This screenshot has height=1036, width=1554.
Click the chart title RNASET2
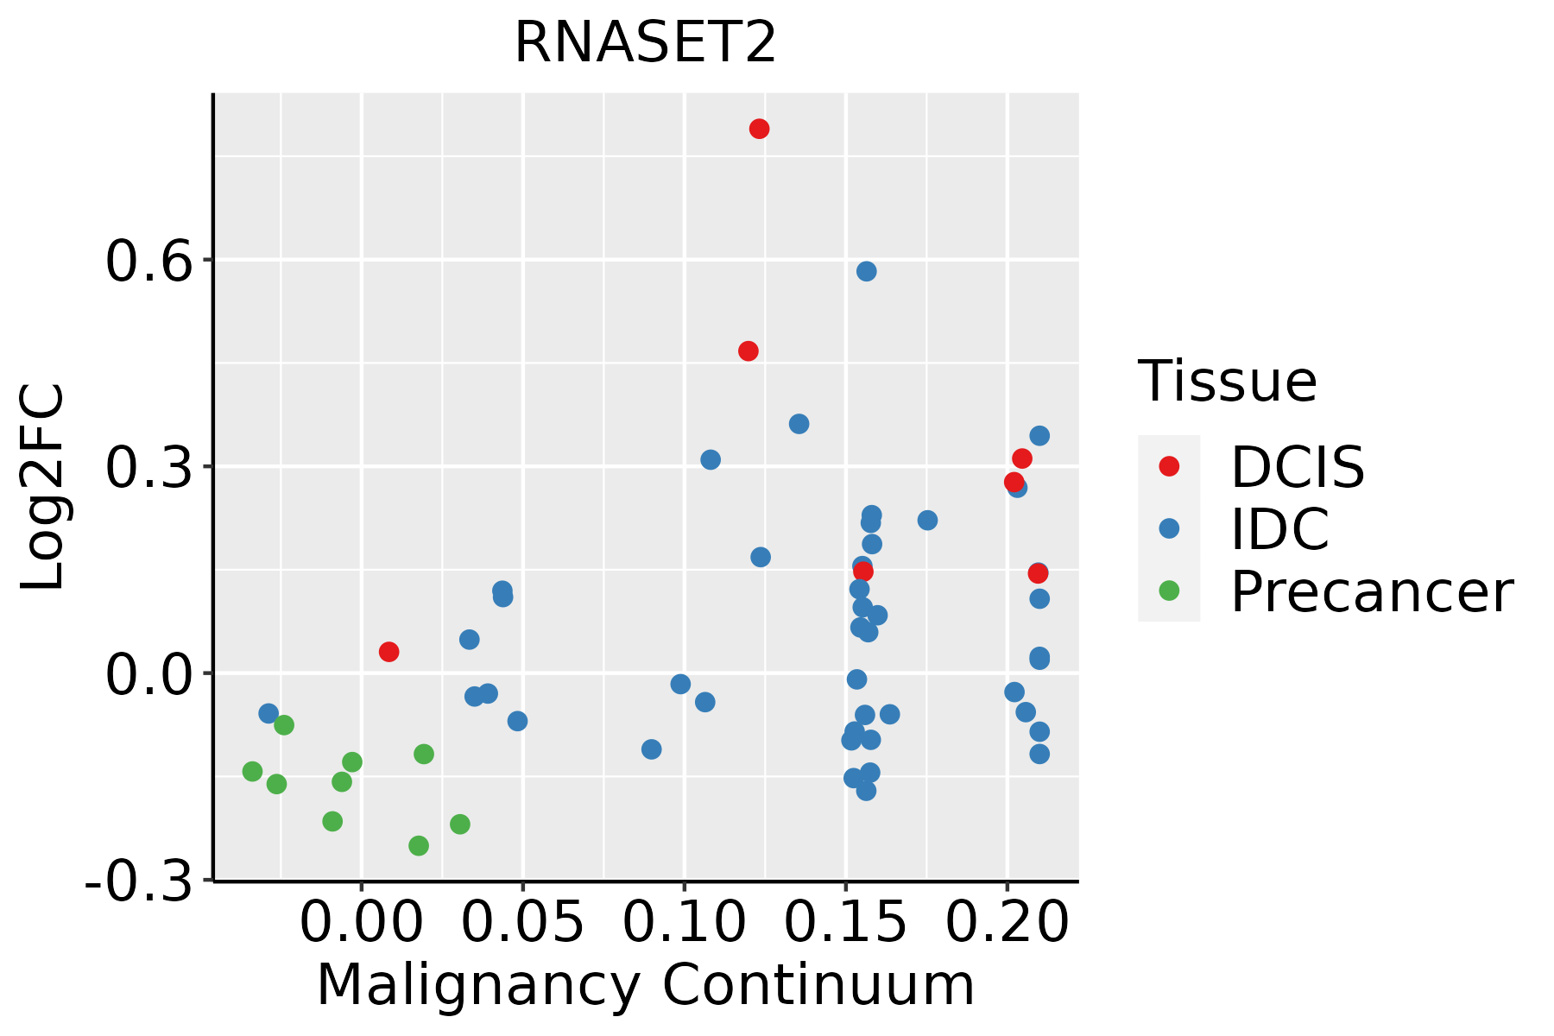click(645, 43)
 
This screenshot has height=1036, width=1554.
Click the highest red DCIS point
click(759, 129)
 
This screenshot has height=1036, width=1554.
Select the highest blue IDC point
click(866, 271)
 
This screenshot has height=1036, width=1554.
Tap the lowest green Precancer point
click(419, 845)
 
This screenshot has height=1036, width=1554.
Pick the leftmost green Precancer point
click(252, 771)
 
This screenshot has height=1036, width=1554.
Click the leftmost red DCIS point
click(388, 652)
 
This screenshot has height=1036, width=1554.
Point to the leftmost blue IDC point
click(268, 713)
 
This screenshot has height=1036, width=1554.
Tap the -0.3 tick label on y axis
click(138, 883)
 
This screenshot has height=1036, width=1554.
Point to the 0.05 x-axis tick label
click(522, 924)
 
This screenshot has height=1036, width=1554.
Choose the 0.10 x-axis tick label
click(684, 924)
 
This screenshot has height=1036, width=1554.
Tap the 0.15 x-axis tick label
click(845, 924)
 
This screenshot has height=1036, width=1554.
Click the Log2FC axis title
click(43, 488)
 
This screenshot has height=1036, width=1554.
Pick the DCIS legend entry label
click(1297, 467)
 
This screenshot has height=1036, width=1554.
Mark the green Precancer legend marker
click(1169, 591)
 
